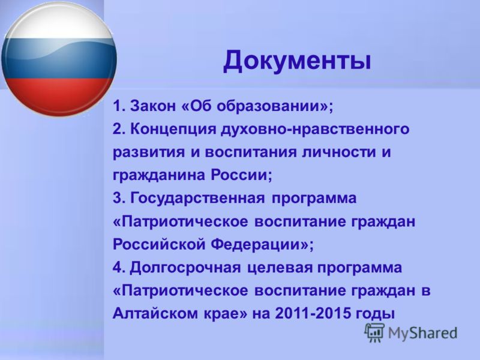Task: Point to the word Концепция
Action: pyautogui.click(x=173, y=129)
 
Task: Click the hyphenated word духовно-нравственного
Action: pyautogui.click(x=315, y=129)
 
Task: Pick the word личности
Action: pyautogui.click(x=338, y=152)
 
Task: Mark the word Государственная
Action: pyautogui.click(x=197, y=199)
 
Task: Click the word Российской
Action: pyautogui.click(x=159, y=245)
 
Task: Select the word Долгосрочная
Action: pyautogui.click(x=185, y=268)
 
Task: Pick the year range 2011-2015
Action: pyautogui.click(x=313, y=313)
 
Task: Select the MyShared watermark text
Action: pyautogui.click(x=422, y=333)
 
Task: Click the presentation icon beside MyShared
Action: pyautogui.click(x=374, y=332)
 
